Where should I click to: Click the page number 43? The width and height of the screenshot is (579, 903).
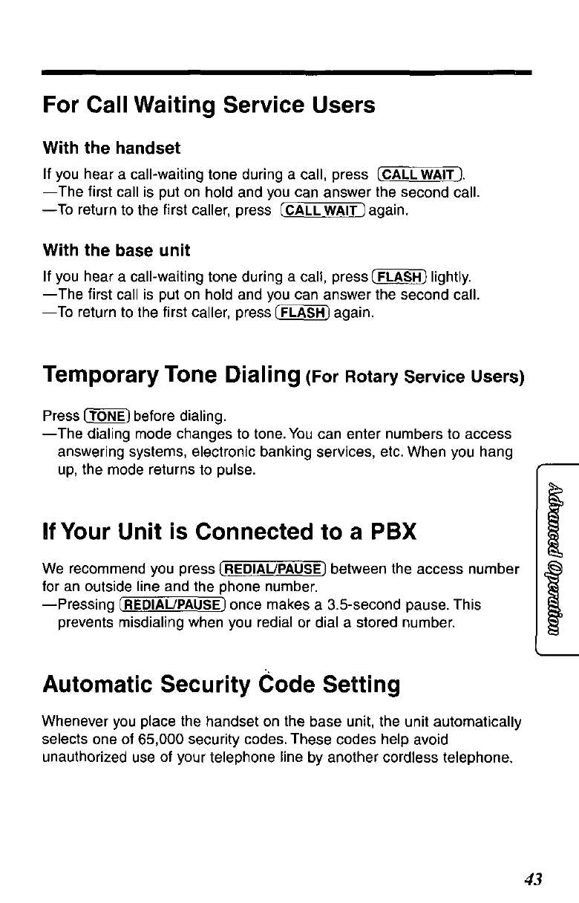[x=533, y=880]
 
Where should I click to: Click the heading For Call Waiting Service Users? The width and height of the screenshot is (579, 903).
[x=208, y=105]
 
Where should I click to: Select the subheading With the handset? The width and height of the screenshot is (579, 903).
[x=111, y=148]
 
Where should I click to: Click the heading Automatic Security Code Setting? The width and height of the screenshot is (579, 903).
[x=221, y=683]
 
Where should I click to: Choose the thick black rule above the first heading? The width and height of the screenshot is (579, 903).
[x=287, y=72]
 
